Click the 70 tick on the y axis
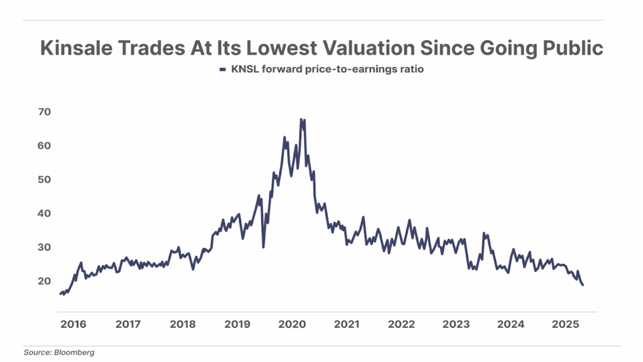(45, 112)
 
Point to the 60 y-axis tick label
(45, 146)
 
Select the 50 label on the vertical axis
(45, 180)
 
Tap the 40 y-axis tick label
(45, 214)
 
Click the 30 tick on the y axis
(45, 248)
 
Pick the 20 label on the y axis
(45, 281)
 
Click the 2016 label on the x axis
(73, 324)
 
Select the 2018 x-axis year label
(182, 324)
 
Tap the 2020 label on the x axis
(291, 324)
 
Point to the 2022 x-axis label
(401, 324)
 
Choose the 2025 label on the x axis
(565, 324)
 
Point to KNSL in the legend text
(242, 70)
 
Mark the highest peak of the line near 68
(301, 119)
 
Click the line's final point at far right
(583, 285)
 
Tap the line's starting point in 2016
(60, 293)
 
